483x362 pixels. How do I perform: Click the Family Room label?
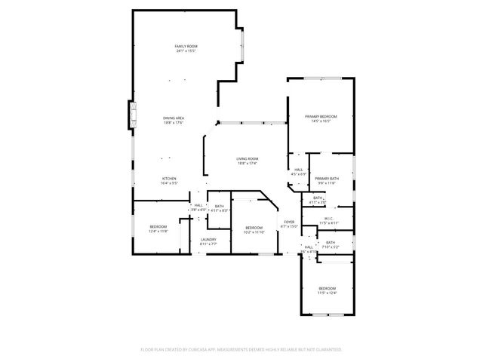coord(186,47)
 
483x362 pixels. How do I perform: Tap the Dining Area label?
coord(174,118)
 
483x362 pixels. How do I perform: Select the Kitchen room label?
coord(169,178)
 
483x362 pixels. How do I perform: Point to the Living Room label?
coord(248,158)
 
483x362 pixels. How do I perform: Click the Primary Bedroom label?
coord(320,116)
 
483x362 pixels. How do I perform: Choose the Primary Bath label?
coord(328,178)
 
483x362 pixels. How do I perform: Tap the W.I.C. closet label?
coord(329,219)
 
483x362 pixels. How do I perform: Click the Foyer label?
coord(289,222)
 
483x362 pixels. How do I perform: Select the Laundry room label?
coord(208,240)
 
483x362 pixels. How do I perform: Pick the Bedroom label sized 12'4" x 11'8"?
coord(158,227)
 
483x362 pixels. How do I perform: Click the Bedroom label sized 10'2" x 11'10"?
coord(254,228)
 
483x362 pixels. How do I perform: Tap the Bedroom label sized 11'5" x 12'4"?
coord(327,289)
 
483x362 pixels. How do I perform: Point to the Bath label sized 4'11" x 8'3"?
coord(219,207)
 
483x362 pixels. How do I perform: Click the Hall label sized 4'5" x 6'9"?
coord(299,170)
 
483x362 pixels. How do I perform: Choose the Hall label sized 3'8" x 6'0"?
coord(198,205)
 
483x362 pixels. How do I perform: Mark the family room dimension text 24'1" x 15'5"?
coord(186,51)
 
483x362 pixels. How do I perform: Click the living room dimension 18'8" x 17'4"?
coord(248,163)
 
